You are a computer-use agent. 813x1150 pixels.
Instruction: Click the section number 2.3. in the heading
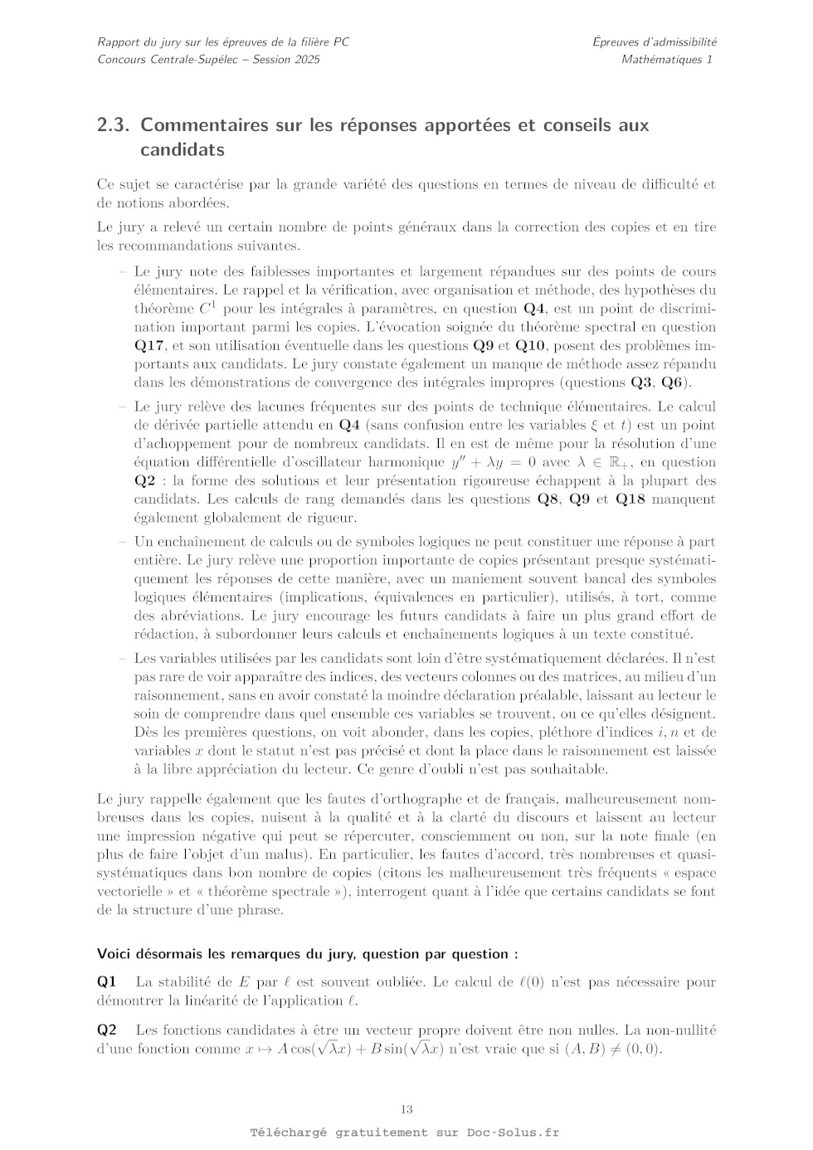[114, 125]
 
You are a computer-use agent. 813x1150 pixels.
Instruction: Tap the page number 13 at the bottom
[406, 1109]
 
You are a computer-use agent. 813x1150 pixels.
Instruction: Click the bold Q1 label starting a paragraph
[107, 982]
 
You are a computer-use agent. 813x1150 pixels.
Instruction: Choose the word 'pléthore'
[564, 733]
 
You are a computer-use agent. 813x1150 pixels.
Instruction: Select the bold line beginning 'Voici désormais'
[308, 954]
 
